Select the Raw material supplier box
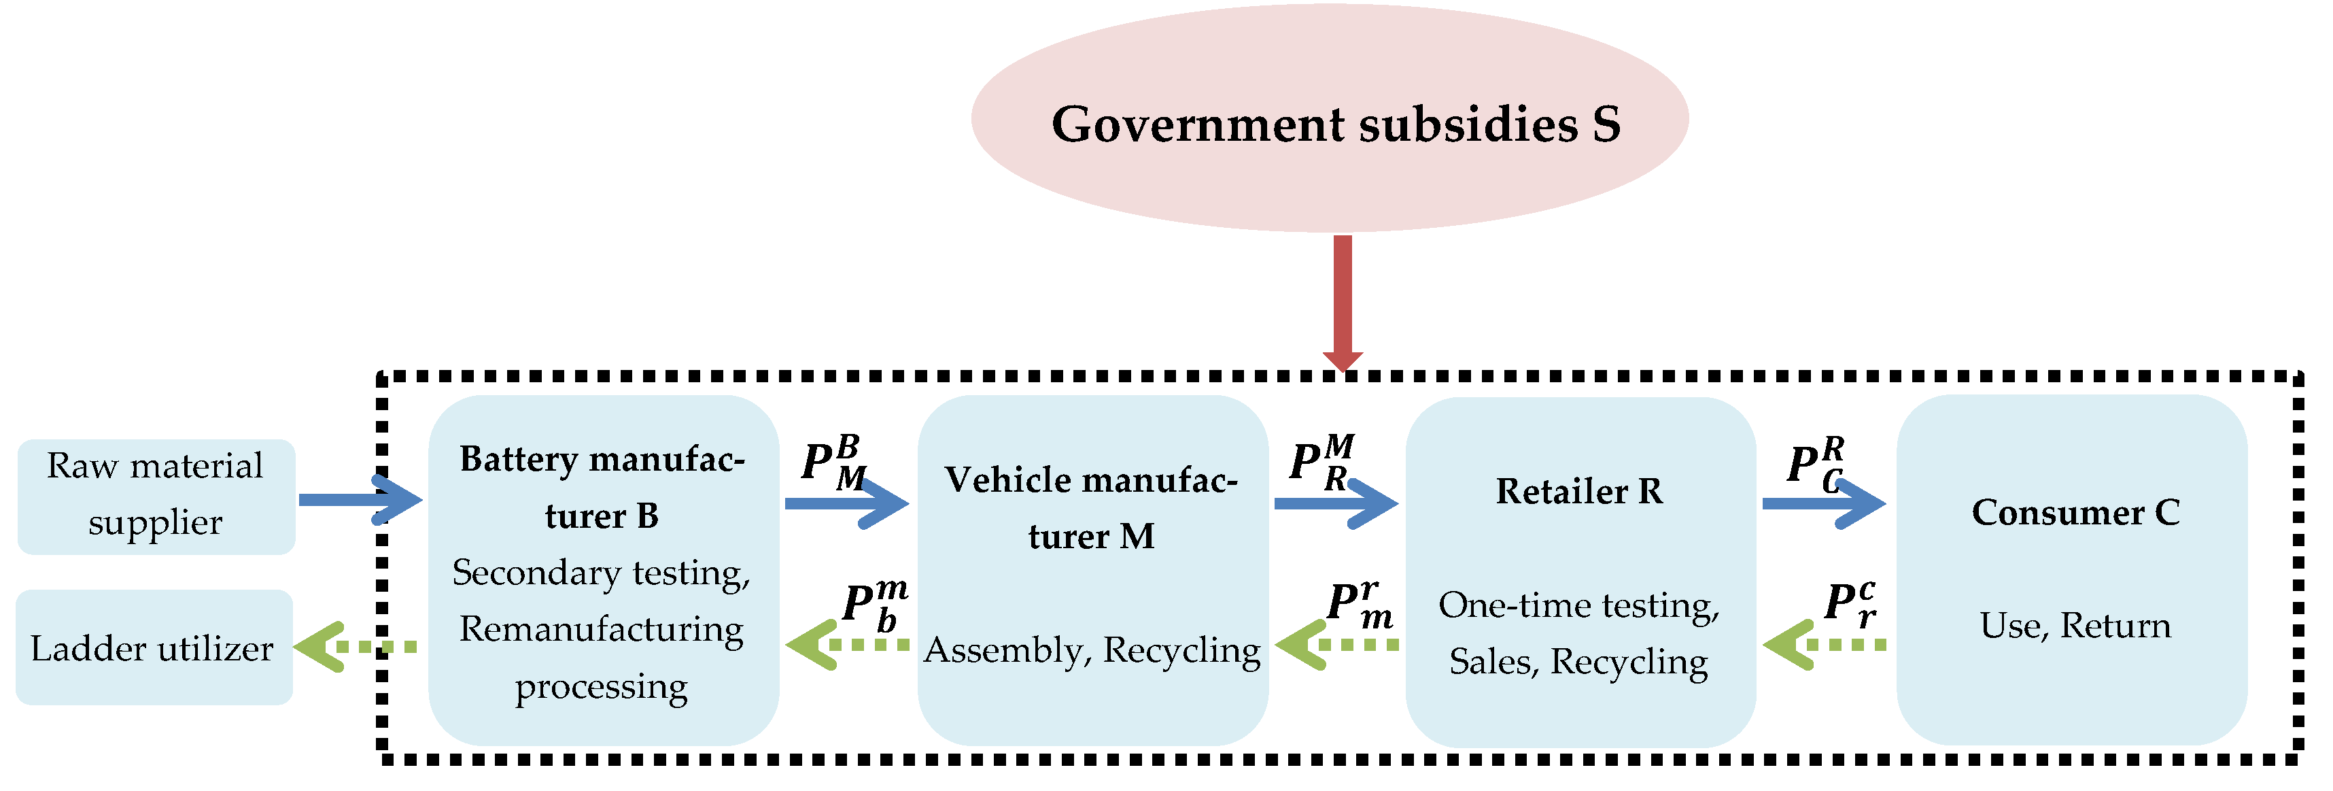pos(156,496)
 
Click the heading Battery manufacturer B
pos(602,486)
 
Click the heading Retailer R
pos(1578,491)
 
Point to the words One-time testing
pos(1578,605)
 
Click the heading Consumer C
pos(2075,513)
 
